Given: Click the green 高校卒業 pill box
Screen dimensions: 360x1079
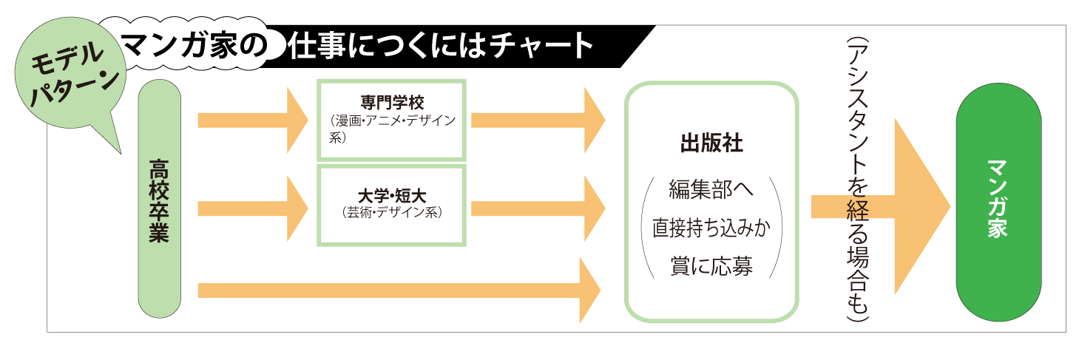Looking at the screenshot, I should tap(160, 200).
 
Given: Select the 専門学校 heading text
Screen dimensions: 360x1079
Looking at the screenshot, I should tap(391, 103).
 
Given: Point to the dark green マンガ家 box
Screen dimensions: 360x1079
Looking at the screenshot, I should tap(998, 206).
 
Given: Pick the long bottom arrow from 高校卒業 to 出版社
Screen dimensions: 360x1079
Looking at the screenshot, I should tap(399, 290).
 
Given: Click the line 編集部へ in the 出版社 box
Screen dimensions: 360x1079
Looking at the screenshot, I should tap(711, 190).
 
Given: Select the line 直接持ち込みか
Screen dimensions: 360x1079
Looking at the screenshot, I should tap(711, 228).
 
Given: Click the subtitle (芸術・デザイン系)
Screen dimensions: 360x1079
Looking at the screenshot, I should tap(391, 213).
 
